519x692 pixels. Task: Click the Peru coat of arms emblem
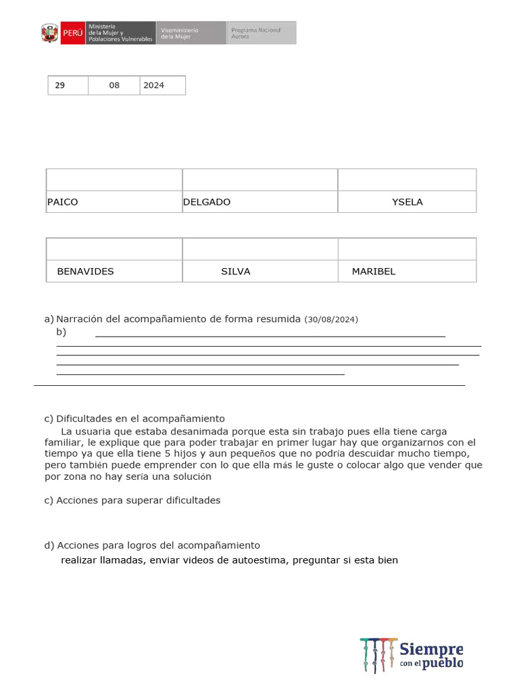[x=49, y=33]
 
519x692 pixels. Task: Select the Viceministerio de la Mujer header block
[x=191, y=33]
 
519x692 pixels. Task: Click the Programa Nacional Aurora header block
[x=261, y=33]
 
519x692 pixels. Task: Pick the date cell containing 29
[x=67, y=86]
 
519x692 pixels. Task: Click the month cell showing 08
[x=114, y=86]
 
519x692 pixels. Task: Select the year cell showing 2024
[x=162, y=86]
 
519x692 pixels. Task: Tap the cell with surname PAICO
[x=114, y=202]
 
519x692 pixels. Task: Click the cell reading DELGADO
[x=259, y=202]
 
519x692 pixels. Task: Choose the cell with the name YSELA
[x=407, y=202]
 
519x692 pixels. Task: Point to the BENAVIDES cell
[x=114, y=272]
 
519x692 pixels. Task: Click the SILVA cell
[x=259, y=272]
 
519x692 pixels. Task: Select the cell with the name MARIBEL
[x=407, y=272]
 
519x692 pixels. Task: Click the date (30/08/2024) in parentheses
[x=331, y=319]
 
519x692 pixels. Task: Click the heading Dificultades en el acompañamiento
[x=140, y=419]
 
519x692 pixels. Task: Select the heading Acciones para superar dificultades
[x=138, y=501]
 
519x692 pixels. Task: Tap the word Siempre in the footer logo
[x=431, y=649]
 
